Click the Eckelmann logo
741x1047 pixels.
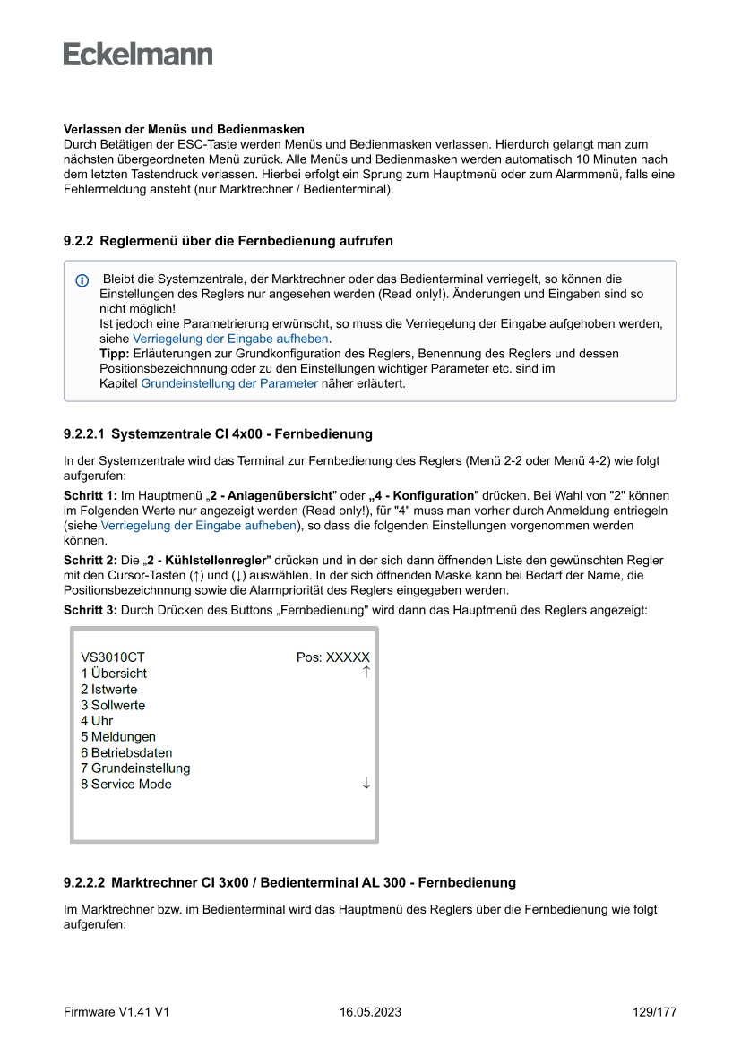[x=138, y=54]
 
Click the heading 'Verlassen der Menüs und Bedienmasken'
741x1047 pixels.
[x=184, y=130]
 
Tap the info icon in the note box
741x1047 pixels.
[x=82, y=281]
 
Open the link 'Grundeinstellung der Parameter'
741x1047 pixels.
[x=229, y=383]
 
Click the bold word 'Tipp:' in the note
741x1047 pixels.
[x=114, y=354]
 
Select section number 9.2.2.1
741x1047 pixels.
[x=83, y=434]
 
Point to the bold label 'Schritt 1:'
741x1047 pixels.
[x=90, y=495]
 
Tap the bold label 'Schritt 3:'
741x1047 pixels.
[x=90, y=610]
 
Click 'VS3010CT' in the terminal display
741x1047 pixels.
[x=112, y=657]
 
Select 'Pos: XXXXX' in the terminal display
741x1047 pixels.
[x=332, y=657]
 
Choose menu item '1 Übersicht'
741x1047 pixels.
[x=114, y=674]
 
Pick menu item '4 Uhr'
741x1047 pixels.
[x=97, y=721]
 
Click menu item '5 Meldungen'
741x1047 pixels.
[x=118, y=737]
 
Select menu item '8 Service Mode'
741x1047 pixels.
[x=126, y=785]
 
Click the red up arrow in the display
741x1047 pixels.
[x=366, y=672]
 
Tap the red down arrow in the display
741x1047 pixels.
[x=366, y=784]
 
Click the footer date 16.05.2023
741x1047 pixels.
[x=370, y=1012]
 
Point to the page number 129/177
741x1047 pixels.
[x=654, y=1012]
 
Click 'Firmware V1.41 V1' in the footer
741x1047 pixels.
[x=116, y=1012]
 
